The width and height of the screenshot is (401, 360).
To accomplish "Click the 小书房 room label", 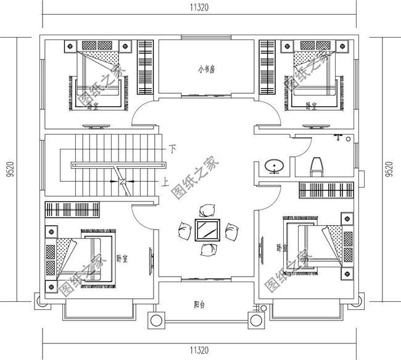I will (x=206, y=70).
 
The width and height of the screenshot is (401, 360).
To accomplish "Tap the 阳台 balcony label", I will (x=199, y=304).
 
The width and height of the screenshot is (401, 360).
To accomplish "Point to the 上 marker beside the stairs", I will (x=165, y=182).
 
